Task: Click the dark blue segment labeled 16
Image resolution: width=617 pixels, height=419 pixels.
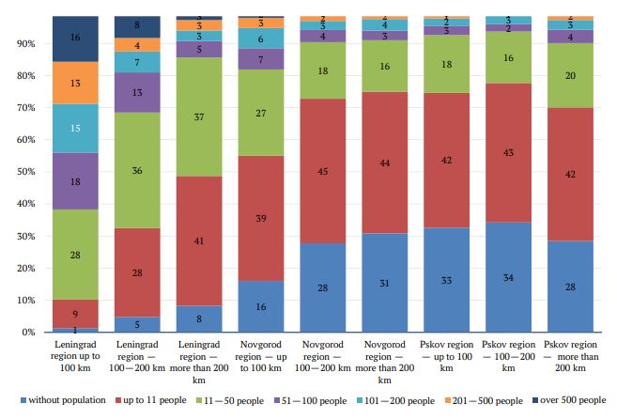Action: pos(76,39)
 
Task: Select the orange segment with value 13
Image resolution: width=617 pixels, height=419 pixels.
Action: pos(76,83)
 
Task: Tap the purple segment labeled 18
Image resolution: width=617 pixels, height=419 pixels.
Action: pos(76,180)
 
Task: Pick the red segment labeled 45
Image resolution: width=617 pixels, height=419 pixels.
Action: pos(321,171)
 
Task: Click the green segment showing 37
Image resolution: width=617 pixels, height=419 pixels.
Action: pos(199,117)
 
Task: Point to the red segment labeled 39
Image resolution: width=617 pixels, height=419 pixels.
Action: pos(260,217)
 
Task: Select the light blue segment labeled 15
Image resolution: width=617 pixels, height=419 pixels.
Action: pos(76,128)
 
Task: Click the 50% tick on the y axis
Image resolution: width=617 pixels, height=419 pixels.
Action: pos(32,172)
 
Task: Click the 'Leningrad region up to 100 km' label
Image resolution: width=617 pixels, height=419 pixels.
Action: pos(76,355)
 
